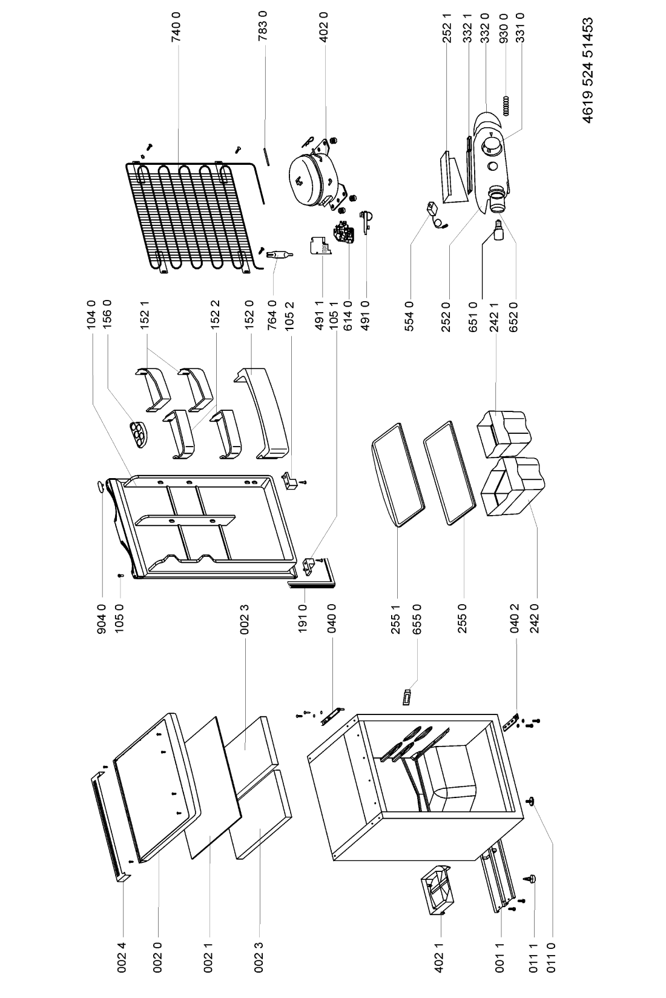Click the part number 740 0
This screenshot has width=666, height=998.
(x=177, y=25)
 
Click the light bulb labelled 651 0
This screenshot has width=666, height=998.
(x=498, y=231)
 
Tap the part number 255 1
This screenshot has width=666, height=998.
(x=397, y=615)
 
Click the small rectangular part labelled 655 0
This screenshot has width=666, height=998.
(x=407, y=695)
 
